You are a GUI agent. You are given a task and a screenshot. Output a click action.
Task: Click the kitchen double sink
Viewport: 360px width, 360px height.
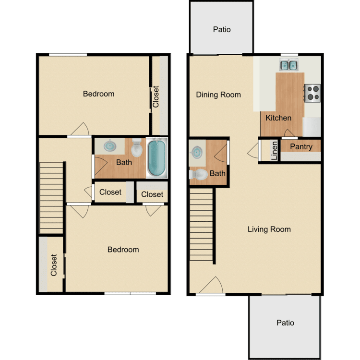[289, 65]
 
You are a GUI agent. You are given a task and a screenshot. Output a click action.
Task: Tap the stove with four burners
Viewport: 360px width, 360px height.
[312, 92]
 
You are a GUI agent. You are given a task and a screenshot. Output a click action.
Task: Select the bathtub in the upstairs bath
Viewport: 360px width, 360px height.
[156, 157]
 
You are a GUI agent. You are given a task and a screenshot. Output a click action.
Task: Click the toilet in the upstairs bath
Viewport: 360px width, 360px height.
[137, 148]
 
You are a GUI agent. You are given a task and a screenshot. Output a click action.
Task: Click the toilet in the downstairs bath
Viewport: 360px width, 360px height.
[198, 174]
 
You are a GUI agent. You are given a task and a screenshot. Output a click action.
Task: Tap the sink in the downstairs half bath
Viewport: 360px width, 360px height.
[196, 152]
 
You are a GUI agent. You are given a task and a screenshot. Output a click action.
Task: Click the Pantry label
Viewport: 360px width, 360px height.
[301, 146]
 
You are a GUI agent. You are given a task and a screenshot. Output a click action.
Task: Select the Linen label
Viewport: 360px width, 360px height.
[274, 150]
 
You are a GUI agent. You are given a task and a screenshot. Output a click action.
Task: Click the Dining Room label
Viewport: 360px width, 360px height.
[218, 95]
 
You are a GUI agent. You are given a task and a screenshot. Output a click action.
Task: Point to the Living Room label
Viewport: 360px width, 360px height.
[269, 229]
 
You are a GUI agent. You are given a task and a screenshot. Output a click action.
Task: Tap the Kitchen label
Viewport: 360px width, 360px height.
[278, 118]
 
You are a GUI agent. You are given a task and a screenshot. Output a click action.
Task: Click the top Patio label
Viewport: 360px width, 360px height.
[222, 29]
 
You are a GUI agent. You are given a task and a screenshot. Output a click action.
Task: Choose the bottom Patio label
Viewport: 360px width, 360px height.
[285, 323]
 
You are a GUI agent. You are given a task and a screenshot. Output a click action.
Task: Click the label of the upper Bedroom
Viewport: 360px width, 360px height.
[98, 94]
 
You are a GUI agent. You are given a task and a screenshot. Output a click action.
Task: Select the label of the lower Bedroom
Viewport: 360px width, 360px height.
[123, 249]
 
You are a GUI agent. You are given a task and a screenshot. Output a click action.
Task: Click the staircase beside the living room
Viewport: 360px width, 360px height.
[202, 225]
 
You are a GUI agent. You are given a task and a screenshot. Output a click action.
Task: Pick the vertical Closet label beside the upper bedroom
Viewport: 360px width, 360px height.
[156, 96]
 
